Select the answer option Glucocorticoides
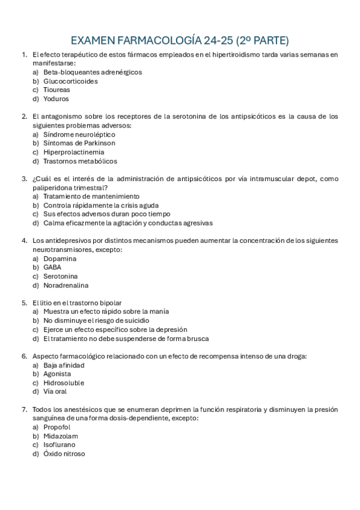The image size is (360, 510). coord(70,81)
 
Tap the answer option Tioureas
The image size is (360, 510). coord(56,90)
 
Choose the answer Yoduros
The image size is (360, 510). coord(56,99)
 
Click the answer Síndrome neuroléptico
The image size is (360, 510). coord(79,134)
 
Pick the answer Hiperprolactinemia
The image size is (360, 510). coord(69,152)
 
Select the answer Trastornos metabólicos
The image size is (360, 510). coord(80,161)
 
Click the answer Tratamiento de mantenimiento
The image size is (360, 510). coord(91,196)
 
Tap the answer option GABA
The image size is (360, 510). coord(52,267)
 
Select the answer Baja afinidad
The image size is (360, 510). coord(64,365)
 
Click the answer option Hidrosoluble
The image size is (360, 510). coord(64,382)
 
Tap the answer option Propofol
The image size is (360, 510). coord(56,427)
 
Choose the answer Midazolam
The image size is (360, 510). coord(61,436)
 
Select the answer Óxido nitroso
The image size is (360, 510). coord(64,453)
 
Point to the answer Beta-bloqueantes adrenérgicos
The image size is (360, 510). coord(93,72)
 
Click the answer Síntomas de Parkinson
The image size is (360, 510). coord(79,143)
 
